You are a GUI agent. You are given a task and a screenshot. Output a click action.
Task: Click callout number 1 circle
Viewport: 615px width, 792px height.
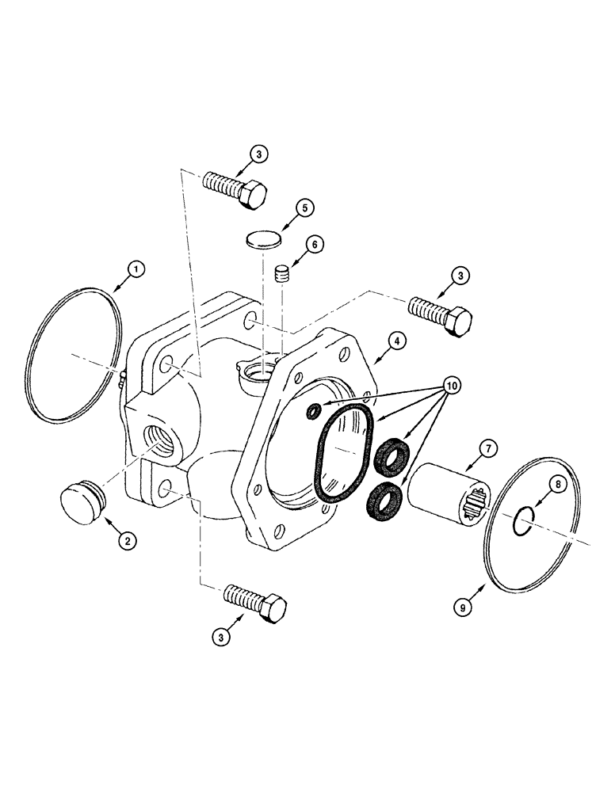pos(137,271)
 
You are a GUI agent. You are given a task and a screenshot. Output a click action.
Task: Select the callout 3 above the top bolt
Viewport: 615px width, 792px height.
pos(262,154)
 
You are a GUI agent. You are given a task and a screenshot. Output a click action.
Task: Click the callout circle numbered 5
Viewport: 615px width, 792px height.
pos(305,208)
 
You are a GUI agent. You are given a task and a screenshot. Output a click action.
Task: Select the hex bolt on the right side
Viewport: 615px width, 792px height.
pos(441,315)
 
